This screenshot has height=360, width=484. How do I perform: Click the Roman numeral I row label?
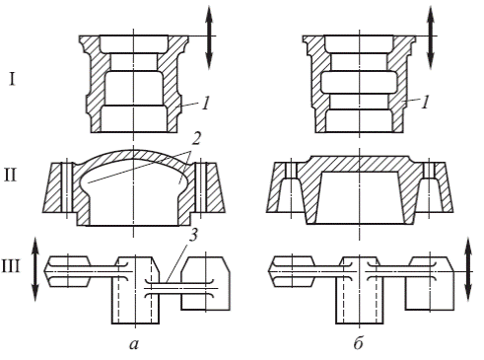tap(12, 80)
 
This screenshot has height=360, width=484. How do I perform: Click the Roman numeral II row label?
tap(10, 176)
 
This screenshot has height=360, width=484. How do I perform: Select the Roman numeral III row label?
tap(11, 266)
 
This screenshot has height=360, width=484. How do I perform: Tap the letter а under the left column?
tap(134, 344)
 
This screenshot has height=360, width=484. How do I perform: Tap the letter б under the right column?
tap(359, 343)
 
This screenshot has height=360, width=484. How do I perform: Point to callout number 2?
tap(195, 139)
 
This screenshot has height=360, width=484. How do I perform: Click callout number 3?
tap(194, 235)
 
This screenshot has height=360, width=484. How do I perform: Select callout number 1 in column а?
tap(205, 104)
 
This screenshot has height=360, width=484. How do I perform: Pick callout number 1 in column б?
tap(425, 103)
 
